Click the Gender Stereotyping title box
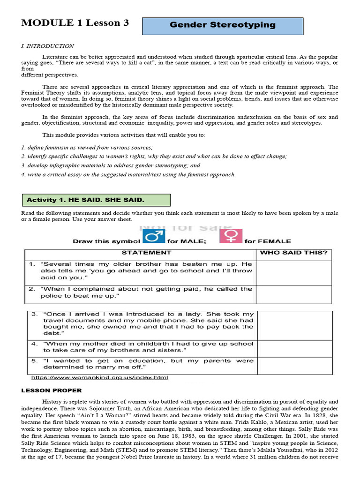pos(223,25)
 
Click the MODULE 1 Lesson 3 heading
pos(75,23)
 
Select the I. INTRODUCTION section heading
pos(47,46)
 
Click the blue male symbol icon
pos(150,237)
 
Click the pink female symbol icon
pos(231,237)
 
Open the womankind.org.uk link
pos(99,378)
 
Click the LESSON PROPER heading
pos(52,390)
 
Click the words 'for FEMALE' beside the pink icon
pos(268,241)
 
